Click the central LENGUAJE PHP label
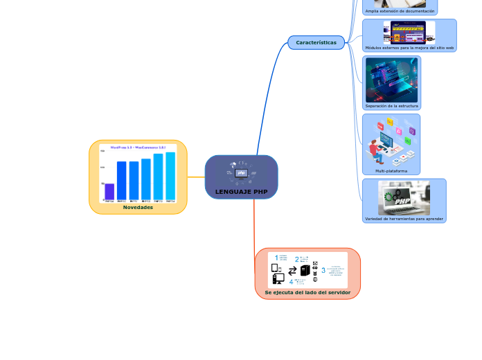click(x=241, y=191)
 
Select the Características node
click(x=316, y=43)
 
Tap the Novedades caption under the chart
click(x=138, y=207)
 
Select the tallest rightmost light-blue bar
click(x=170, y=177)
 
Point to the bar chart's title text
click(x=138, y=147)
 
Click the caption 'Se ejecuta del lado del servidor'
click(x=307, y=293)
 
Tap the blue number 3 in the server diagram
click(x=323, y=270)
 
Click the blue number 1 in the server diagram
click(x=276, y=258)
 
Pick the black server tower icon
click(x=305, y=271)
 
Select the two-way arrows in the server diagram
click(x=292, y=271)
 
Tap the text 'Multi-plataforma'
click(x=391, y=170)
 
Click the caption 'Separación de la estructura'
click(x=391, y=106)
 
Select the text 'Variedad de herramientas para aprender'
click(x=404, y=219)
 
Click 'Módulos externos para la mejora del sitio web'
click(x=409, y=48)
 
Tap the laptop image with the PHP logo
click(x=404, y=198)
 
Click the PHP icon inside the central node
click(x=241, y=173)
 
